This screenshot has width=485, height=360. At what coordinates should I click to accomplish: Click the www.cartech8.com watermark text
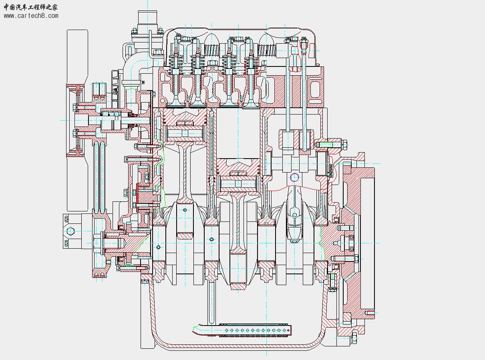pyautogui.click(x=31, y=16)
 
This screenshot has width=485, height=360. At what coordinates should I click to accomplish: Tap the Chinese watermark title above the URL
pyautogui.click(x=31, y=7)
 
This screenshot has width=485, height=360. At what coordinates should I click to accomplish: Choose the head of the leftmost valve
pyautogui.click(x=175, y=105)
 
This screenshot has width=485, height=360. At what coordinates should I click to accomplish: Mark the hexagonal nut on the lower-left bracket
pyautogui.click(x=70, y=231)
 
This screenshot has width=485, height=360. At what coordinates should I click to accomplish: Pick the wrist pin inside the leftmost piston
pyautogui.click(x=185, y=133)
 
